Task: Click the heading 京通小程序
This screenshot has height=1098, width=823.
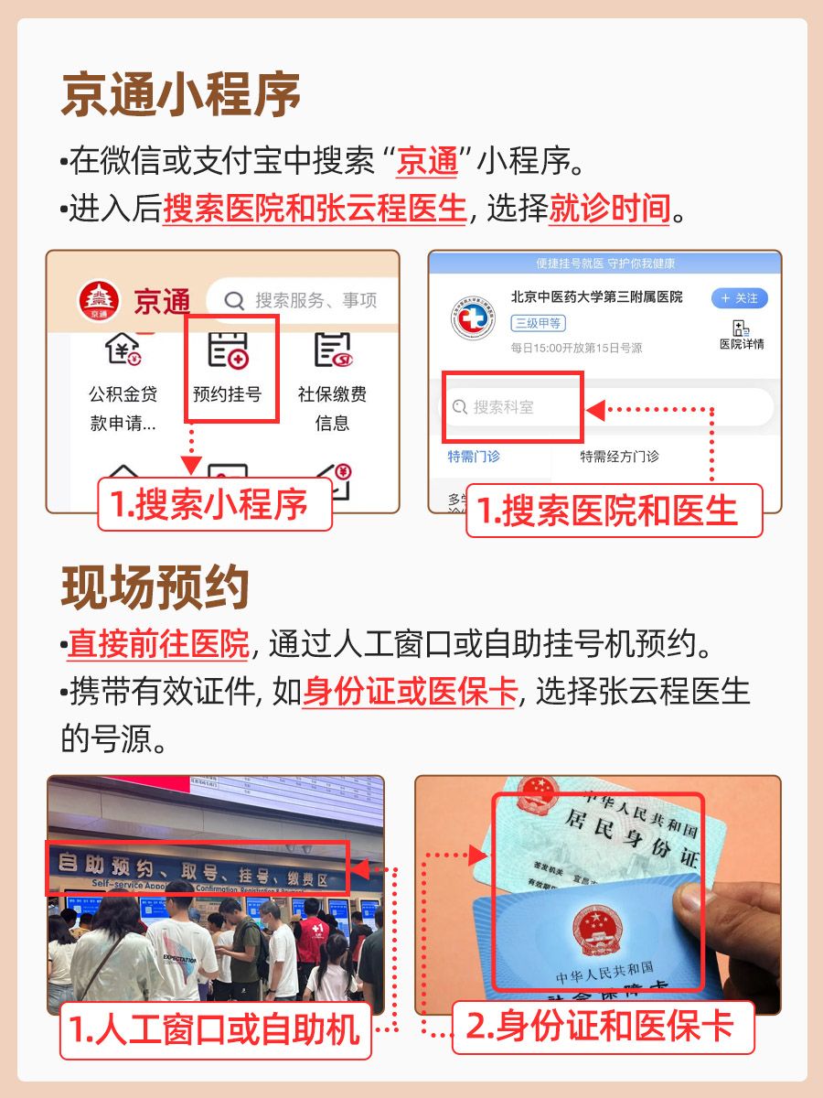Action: click(180, 94)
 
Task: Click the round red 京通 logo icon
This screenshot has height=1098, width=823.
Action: click(99, 300)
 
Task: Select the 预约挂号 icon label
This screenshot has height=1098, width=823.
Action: click(228, 394)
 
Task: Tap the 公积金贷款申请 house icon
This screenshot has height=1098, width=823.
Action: click(123, 350)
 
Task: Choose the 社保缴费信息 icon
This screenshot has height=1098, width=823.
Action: click(333, 350)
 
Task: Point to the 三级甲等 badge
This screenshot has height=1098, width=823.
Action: click(539, 323)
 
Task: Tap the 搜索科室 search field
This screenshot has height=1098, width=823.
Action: click(512, 407)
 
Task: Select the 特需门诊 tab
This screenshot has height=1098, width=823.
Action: click(474, 457)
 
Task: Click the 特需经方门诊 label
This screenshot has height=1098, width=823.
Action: click(619, 457)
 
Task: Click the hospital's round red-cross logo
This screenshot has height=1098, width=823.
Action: click(473, 321)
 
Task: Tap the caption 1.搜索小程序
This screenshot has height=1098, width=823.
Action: click(215, 505)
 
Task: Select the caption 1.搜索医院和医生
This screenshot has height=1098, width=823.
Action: click(614, 511)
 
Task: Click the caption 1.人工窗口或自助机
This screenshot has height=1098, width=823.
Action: click(215, 1030)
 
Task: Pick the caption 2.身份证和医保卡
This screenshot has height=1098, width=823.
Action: click(604, 1027)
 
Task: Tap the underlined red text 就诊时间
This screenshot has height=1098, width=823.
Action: click(610, 210)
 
